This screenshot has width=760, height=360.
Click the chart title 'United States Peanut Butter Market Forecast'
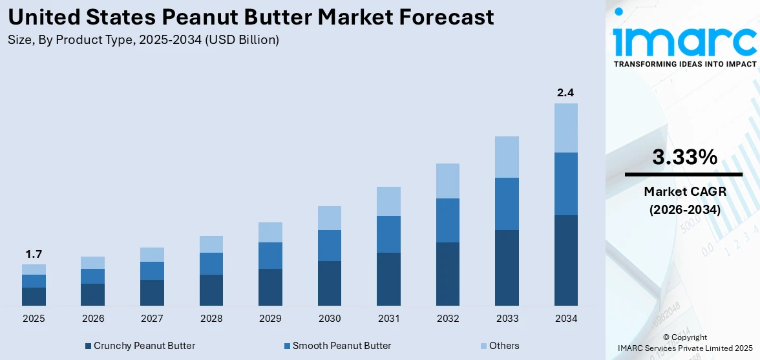[251, 17]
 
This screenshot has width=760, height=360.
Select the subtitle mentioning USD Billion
[143, 40]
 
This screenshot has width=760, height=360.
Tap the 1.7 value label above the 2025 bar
[34, 254]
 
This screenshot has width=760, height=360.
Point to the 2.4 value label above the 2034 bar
[565, 93]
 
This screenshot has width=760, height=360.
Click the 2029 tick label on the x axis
[270, 319]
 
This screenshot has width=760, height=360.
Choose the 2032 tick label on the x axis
[448, 319]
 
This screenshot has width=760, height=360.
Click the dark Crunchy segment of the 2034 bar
[565, 260]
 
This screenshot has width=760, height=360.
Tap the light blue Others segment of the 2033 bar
[507, 157]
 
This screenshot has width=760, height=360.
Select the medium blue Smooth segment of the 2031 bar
[388, 234]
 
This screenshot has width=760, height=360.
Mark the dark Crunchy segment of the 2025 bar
[34, 297]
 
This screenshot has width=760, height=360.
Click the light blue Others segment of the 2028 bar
[211, 244]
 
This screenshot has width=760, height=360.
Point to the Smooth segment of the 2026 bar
[92, 276]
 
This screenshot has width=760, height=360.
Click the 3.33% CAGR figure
[684, 157]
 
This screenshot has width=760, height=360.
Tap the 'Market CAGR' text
[684, 191]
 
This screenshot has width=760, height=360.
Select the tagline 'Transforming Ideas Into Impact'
[684, 64]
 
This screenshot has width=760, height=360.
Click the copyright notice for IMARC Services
[685, 343]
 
